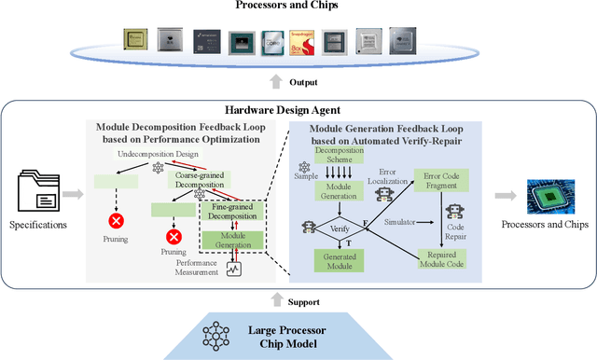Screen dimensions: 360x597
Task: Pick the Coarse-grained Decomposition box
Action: tap(202, 179)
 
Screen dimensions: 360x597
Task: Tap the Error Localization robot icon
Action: tap(383, 193)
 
